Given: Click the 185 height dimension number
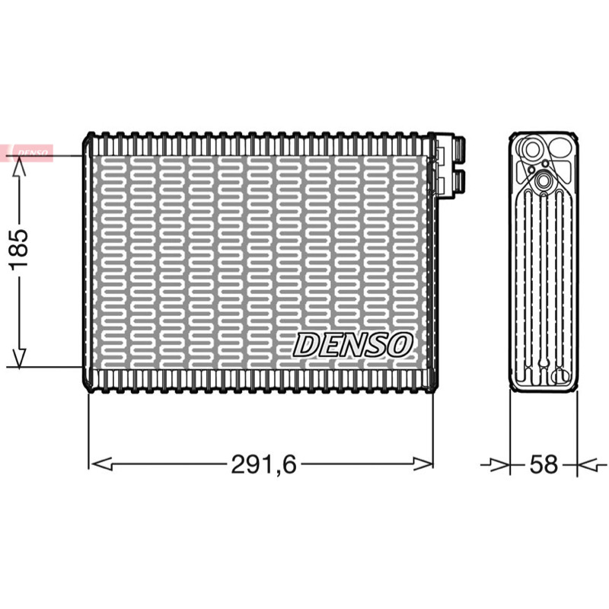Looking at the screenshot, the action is tap(18, 250).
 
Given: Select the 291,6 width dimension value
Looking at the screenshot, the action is tap(263, 464).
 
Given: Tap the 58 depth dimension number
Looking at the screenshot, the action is tap(544, 464).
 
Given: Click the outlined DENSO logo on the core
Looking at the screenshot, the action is tap(352, 345).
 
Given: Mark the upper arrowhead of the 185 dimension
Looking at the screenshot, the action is tap(18, 167).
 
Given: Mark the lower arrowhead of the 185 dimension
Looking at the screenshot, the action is tap(18, 356).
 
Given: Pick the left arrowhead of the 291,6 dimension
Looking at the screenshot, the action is tap(101, 464).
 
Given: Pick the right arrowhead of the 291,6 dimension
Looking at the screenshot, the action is tap(422, 464).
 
